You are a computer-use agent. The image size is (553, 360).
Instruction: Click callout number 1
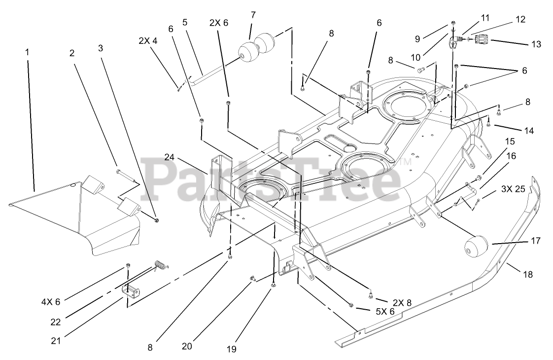pos(27,51)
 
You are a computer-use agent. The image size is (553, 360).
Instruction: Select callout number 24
pos(170,158)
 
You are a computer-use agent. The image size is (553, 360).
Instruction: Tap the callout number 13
pos(536,44)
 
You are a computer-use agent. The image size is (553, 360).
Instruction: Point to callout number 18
pos(527,275)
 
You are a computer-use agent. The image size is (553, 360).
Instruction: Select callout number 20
pos(187,346)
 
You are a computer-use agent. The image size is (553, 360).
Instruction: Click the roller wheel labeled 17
pos(476,245)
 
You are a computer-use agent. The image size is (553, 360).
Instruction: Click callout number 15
pos(510,141)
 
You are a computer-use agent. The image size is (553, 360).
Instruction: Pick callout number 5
pos(185,22)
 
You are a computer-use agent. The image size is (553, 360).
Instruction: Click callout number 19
pos(231,350)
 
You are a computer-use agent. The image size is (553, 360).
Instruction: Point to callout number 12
pos(520,20)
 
